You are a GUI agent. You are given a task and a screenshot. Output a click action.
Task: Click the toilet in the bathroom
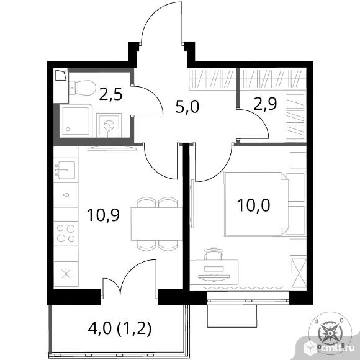(x=83, y=88)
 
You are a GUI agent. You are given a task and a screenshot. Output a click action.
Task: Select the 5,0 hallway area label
(x=187, y=107)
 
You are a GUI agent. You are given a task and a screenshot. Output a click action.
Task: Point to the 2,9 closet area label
(x=265, y=104)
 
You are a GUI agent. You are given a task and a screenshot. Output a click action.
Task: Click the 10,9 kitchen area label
(x=103, y=215)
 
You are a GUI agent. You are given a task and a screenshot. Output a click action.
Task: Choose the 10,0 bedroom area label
(x=254, y=205)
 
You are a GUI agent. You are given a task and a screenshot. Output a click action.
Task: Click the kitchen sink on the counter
(x=66, y=170)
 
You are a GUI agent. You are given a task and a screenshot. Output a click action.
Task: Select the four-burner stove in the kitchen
(x=66, y=233)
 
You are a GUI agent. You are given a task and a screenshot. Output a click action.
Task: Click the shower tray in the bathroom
(x=76, y=121)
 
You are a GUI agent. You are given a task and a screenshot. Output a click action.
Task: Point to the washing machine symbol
(x=109, y=125)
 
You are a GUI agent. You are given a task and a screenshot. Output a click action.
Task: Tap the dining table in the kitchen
(x=156, y=224)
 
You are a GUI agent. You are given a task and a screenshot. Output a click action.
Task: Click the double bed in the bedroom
(x=256, y=204)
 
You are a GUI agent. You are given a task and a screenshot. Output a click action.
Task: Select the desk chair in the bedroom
(x=214, y=254)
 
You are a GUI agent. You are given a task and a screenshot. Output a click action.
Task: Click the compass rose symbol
(x=330, y=333)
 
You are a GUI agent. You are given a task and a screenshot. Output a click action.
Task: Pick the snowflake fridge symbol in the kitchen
(x=66, y=274)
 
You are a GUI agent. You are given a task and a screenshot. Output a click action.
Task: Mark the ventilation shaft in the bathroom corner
(x=61, y=75)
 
